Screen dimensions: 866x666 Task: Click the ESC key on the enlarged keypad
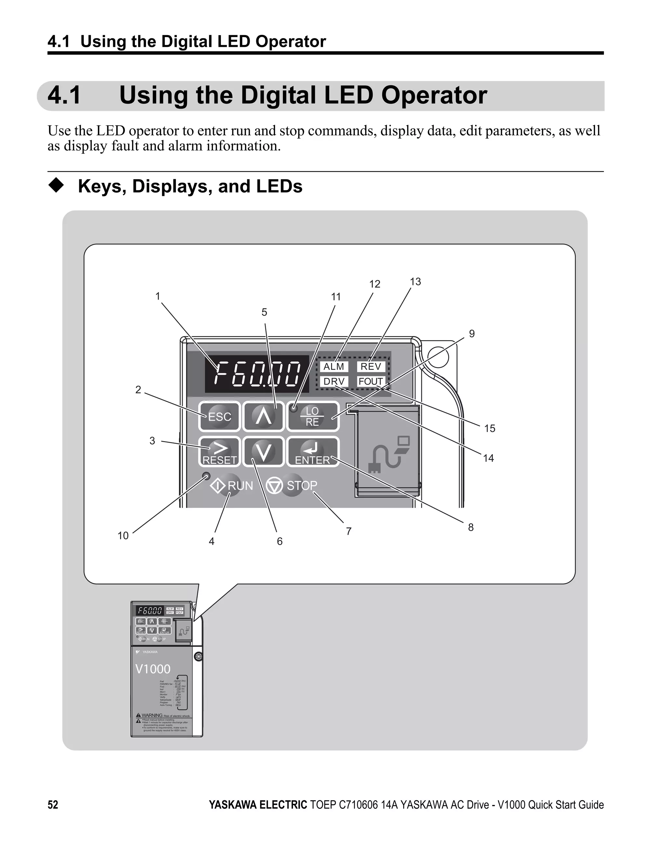click(219, 416)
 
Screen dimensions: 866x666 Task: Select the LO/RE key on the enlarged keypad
click(313, 416)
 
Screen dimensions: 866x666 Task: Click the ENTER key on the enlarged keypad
click(313, 452)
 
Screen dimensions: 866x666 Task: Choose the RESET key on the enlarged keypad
click(219, 452)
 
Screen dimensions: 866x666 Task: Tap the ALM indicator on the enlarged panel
click(334, 366)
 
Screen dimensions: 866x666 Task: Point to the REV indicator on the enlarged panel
click(371, 366)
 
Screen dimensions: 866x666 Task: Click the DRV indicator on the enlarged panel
click(334, 382)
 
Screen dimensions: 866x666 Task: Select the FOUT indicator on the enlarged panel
click(371, 382)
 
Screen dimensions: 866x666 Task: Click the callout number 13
click(415, 281)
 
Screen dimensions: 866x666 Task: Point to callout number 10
click(123, 536)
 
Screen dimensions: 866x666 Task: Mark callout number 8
click(471, 527)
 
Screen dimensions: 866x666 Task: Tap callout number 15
click(490, 428)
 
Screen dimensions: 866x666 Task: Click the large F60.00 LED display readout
click(257, 374)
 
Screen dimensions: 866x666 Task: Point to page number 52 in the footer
click(53, 805)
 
